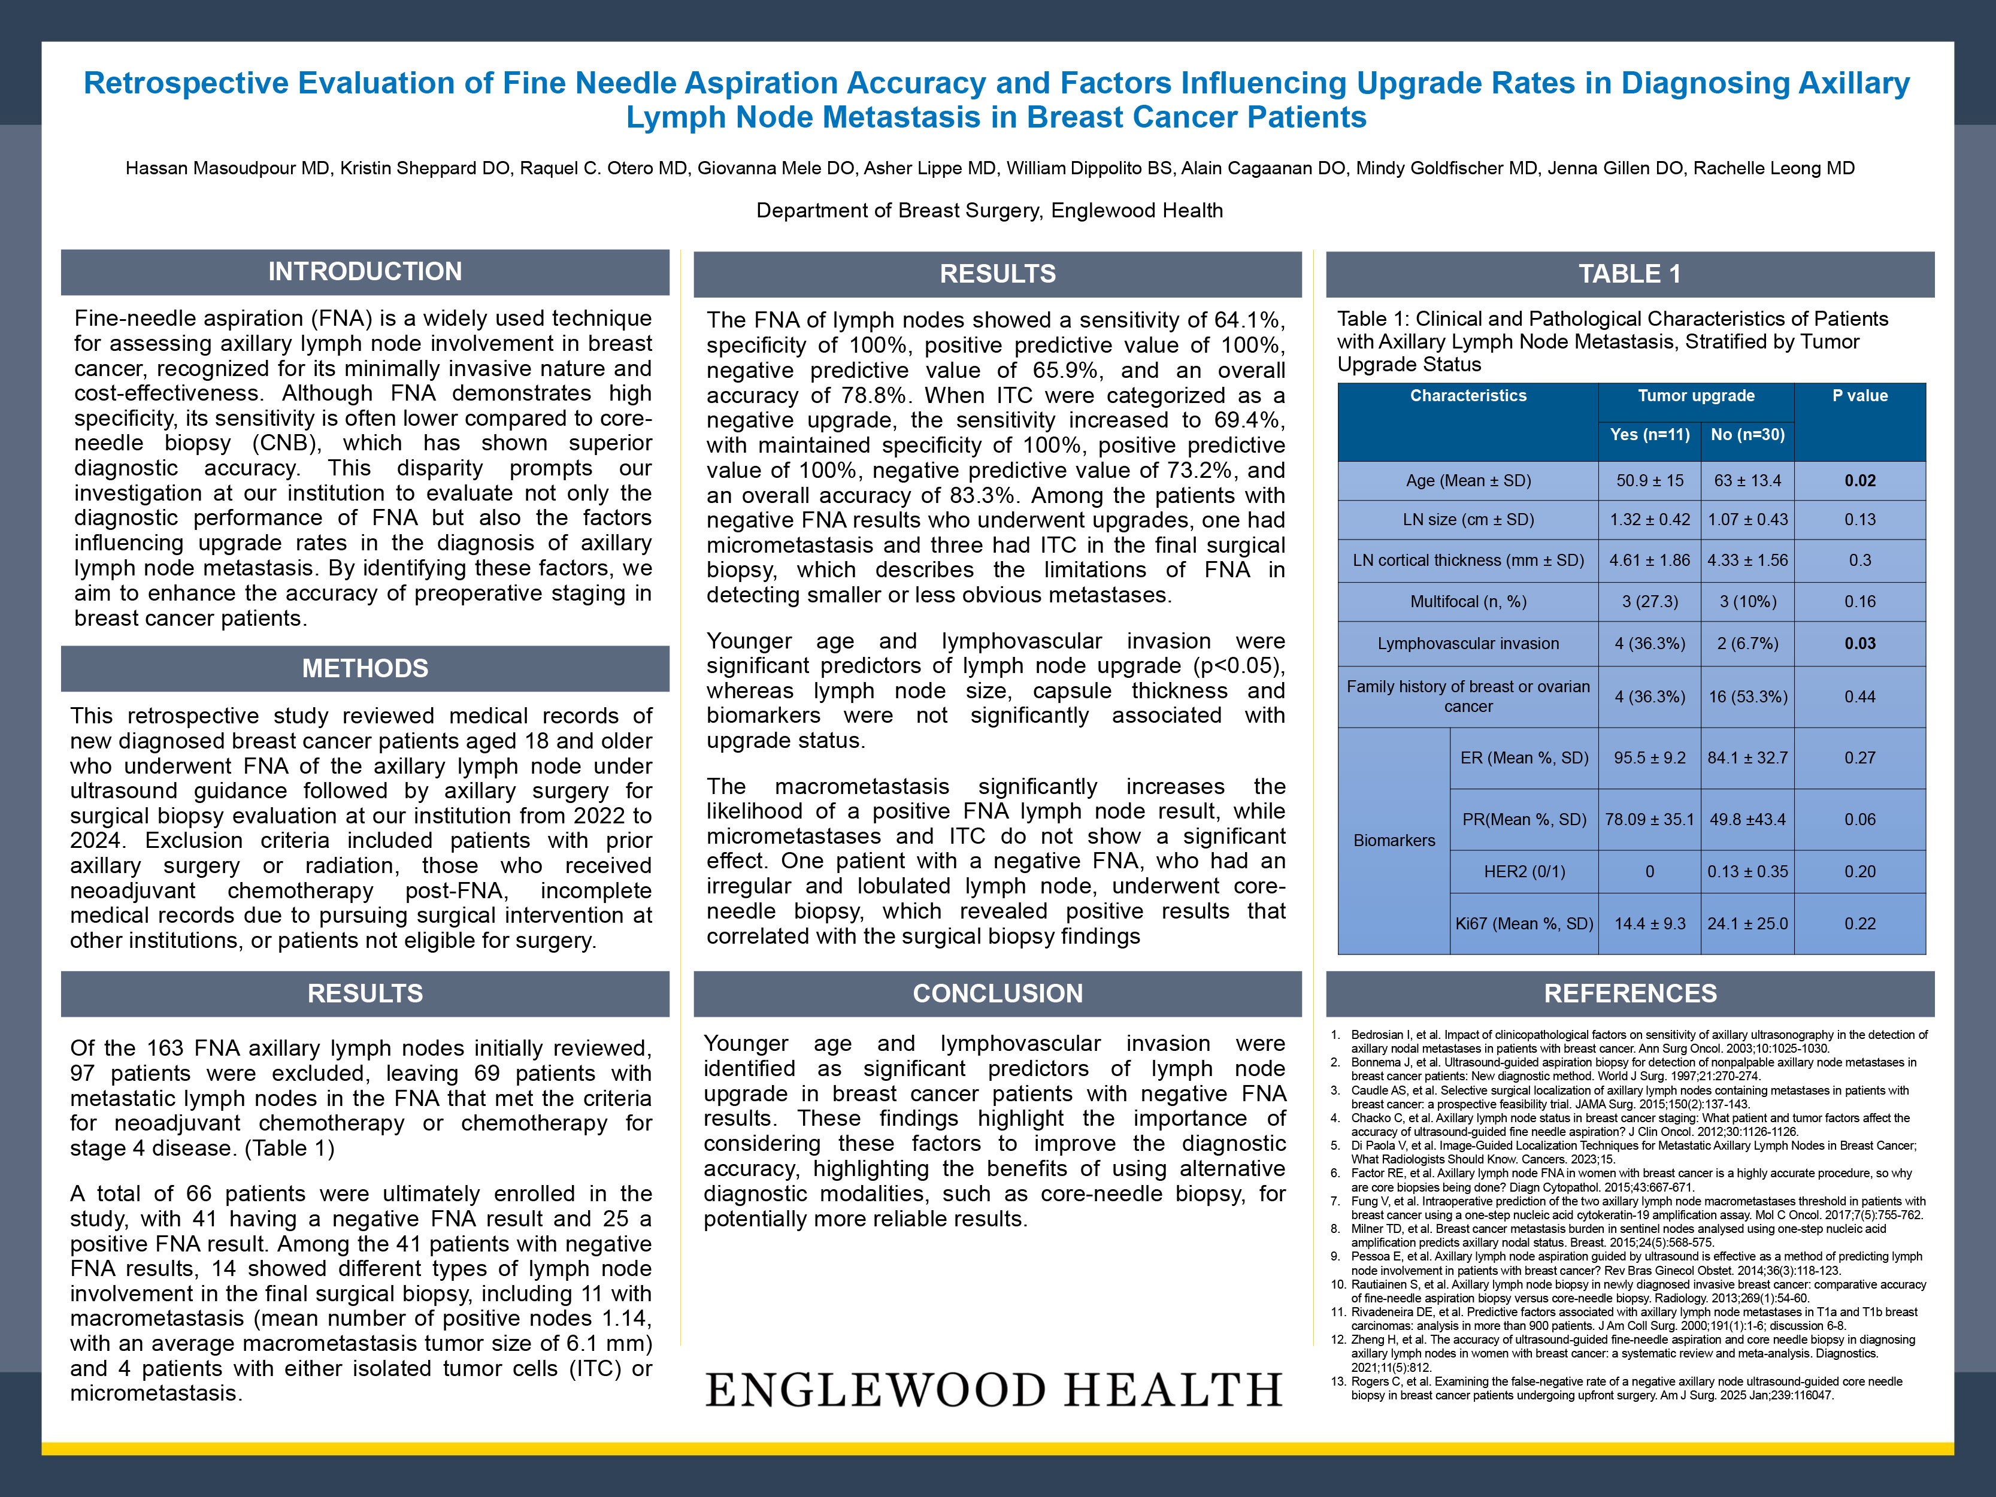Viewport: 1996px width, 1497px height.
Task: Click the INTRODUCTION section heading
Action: pyautogui.click(x=365, y=272)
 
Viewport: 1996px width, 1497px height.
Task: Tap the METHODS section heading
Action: pyautogui.click(x=365, y=669)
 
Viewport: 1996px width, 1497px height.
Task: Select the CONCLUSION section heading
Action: pyautogui.click(x=997, y=993)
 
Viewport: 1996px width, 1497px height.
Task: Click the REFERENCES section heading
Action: pyautogui.click(x=1629, y=993)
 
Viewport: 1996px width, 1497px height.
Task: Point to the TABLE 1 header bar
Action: pyautogui.click(x=1629, y=274)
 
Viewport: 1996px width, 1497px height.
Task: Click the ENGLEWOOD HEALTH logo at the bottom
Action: pyautogui.click(x=994, y=1390)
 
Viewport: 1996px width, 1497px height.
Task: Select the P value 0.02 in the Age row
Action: pyautogui.click(x=1859, y=481)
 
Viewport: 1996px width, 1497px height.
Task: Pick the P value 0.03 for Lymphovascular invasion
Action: pyautogui.click(x=1859, y=643)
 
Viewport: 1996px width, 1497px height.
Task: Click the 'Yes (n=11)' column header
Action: pyautogui.click(x=1649, y=435)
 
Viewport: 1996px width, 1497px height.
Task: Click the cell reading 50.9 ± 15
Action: pyautogui.click(x=1649, y=481)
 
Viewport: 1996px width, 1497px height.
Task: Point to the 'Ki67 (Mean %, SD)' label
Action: pyautogui.click(x=1524, y=924)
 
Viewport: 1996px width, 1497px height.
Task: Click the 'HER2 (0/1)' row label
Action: pyautogui.click(x=1524, y=872)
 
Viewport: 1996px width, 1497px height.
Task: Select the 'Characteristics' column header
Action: pyautogui.click(x=1468, y=396)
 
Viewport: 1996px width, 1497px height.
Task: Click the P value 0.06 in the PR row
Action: pyautogui.click(x=1859, y=819)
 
